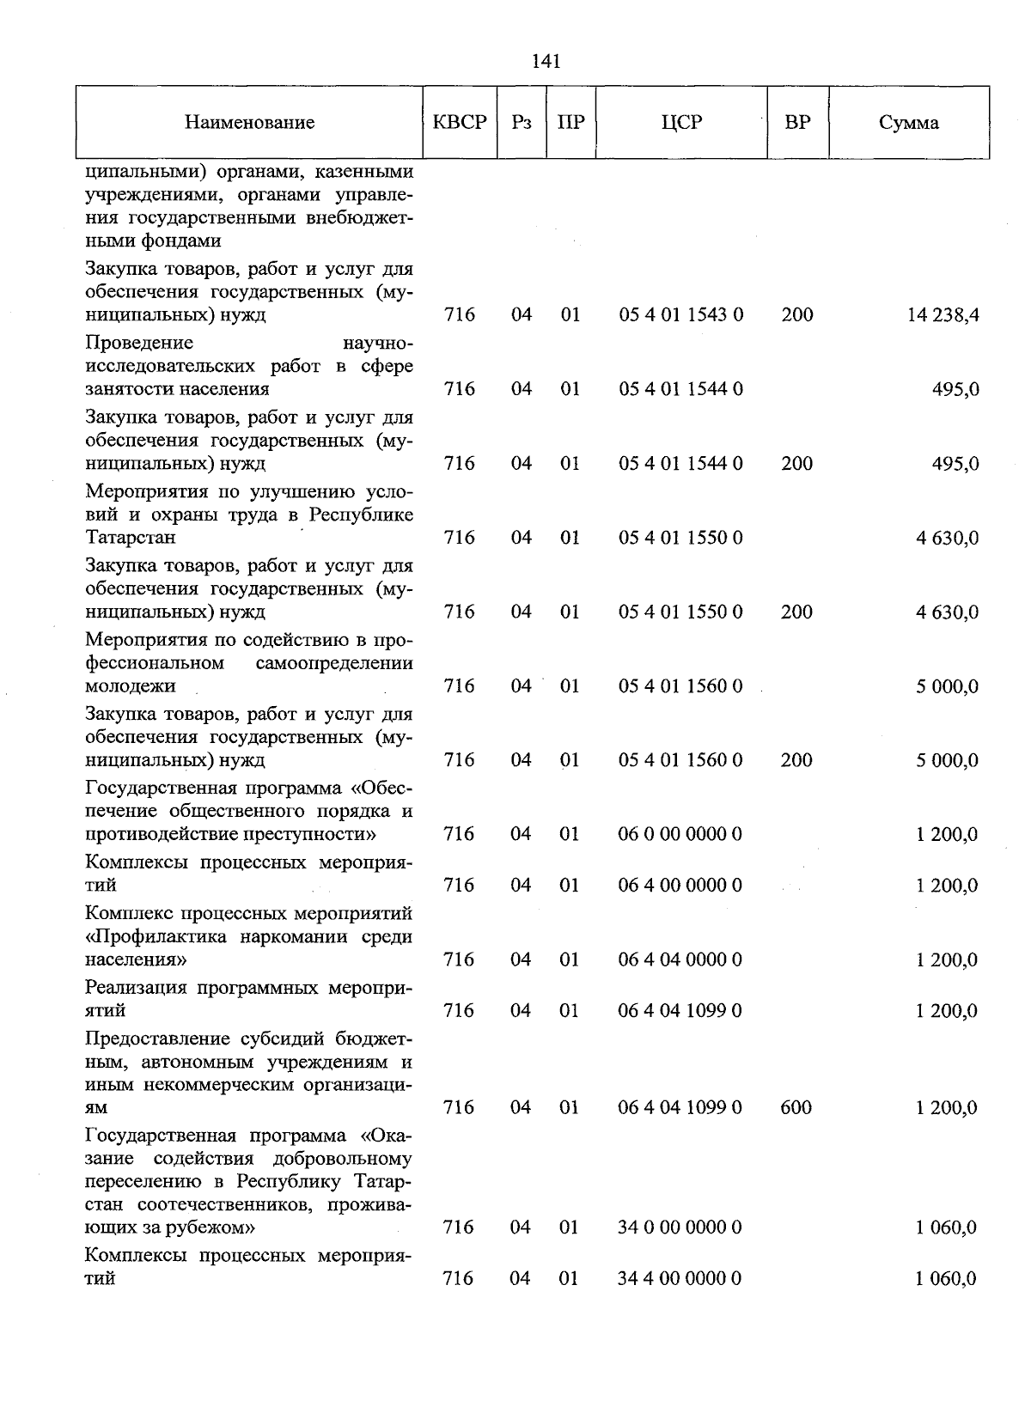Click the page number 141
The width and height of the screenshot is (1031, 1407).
546,61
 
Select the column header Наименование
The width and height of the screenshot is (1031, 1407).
249,123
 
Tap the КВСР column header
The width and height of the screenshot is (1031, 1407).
460,122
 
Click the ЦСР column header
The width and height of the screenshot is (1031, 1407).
681,122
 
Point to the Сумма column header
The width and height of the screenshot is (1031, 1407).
909,123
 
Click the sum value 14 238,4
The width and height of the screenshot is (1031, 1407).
943,315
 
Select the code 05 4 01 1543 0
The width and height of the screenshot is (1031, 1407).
680,315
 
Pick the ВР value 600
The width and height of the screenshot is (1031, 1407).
796,1108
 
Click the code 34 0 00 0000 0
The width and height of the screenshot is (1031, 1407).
680,1227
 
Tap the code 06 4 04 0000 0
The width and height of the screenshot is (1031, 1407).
680,959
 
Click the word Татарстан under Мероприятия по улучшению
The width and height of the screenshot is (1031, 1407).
131,538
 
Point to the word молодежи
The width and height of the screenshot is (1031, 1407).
131,686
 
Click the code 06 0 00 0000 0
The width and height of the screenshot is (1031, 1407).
680,834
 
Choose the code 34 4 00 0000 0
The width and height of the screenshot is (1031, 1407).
680,1279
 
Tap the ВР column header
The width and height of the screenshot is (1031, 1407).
797,122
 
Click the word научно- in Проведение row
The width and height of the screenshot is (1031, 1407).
377,344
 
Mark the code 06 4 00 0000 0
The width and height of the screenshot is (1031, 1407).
680,886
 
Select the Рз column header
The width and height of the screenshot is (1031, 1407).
522,122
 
